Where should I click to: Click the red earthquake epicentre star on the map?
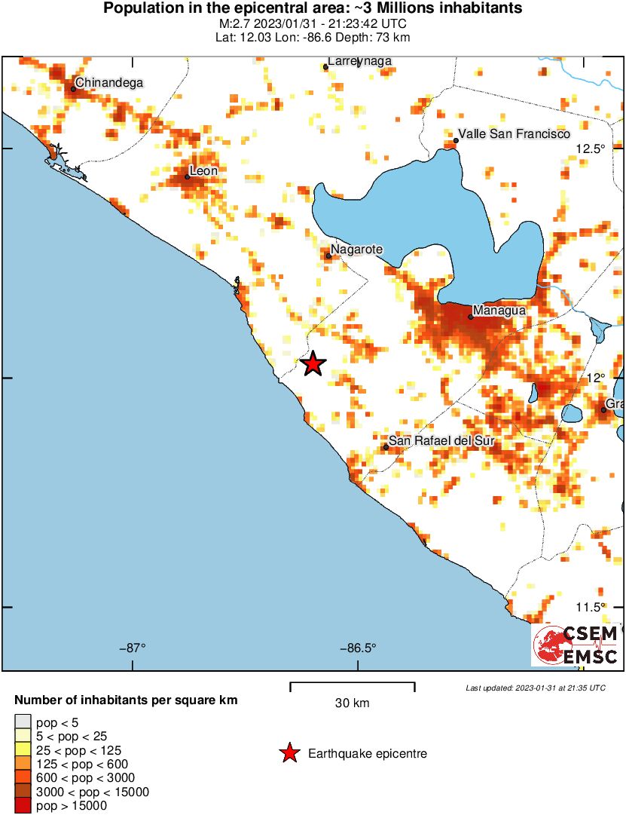tap(313, 364)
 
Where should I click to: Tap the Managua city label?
tap(498, 310)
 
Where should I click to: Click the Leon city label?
tap(203, 171)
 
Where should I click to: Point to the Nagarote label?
tap(357, 249)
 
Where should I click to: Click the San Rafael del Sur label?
tap(440, 440)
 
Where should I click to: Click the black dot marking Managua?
tap(470, 317)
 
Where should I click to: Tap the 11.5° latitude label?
tap(590, 608)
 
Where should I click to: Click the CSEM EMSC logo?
tap(576, 645)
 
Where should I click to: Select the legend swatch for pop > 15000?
tap(23, 806)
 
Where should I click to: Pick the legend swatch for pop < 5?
tap(23, 722)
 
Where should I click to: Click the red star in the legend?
tap(289, 753)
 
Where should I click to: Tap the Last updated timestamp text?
tap(535, 688)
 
